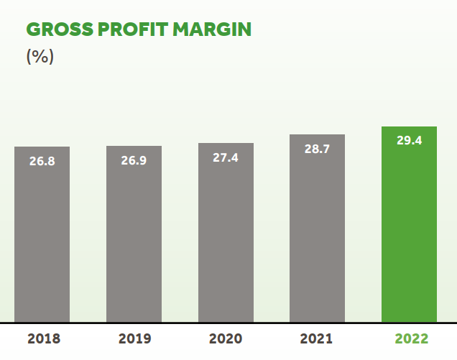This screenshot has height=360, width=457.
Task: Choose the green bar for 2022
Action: [409, 237]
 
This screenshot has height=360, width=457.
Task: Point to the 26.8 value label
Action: [42, 161]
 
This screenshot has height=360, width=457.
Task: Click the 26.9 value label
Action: [134, 160]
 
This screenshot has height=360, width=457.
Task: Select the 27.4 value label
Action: [226, 157]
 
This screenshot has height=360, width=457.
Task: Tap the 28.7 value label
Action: [317, 149]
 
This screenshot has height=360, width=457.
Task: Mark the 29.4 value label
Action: [409, 140]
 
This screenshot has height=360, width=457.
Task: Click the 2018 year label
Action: [44, 339]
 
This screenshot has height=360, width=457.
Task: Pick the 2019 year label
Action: [134, 339]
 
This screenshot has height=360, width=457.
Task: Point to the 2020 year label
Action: [226, 339]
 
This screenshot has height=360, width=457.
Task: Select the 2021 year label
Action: [317, 339]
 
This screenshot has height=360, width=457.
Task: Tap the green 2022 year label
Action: [410, 339]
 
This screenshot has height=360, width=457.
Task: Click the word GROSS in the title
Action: [56, 29]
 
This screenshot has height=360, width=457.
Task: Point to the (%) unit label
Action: [40, 56]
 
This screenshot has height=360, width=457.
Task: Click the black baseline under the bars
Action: [228, 323]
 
